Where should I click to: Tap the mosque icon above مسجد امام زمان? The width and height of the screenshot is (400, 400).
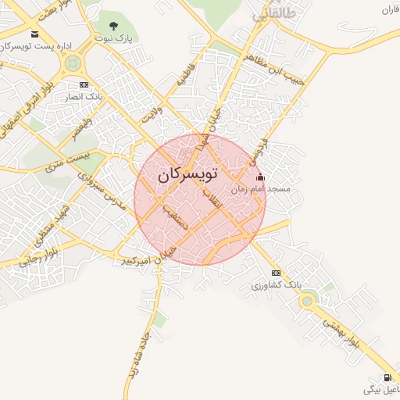point(260,177)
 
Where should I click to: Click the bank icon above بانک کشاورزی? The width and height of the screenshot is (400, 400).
point(276,273)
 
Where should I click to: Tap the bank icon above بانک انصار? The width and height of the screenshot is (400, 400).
point(84,84)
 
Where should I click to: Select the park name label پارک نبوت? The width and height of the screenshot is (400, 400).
point(114,37)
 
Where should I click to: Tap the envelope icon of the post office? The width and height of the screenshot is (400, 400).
point(34,34)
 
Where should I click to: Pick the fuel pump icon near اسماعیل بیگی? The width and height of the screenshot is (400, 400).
point(389,378)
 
